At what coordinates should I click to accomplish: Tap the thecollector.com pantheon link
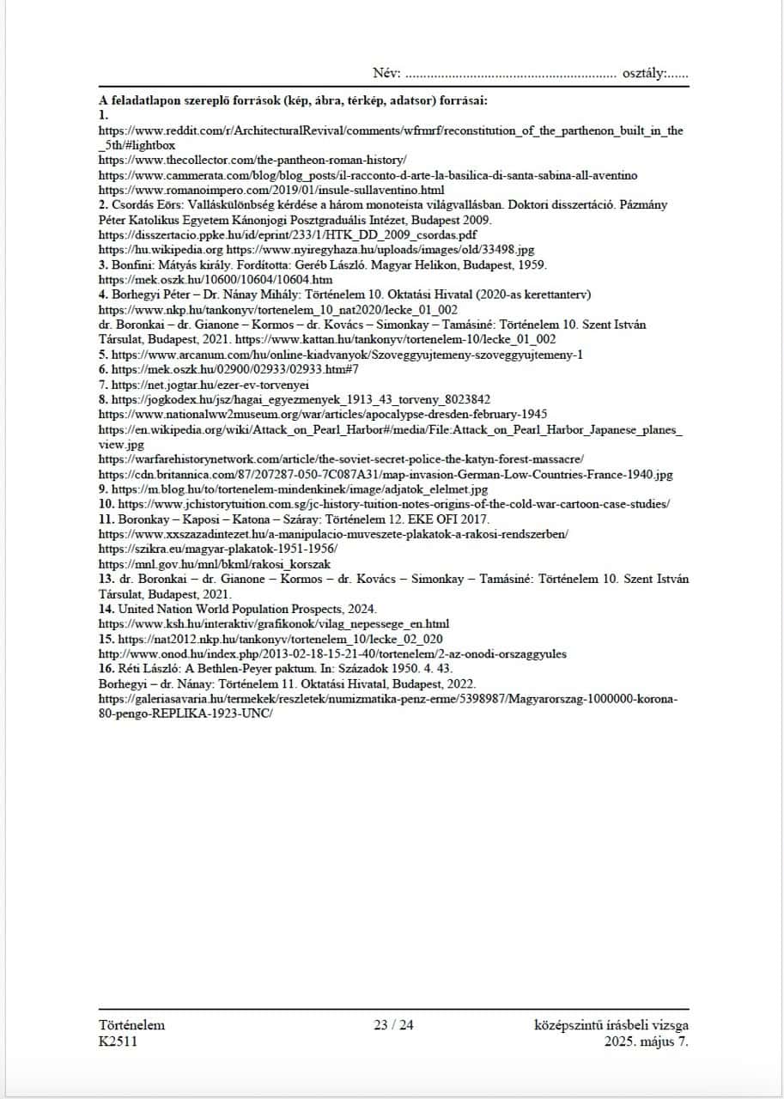[x=252, y=161]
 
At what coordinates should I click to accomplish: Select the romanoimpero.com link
[x=271, y=189]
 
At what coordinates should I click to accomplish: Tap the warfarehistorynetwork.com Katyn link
[x=342, y=459]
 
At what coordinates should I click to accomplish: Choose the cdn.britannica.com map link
[x=386, y=474]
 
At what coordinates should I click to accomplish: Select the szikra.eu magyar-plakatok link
[x=218, y=548]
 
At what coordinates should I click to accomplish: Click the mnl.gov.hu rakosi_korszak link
[x=215, y=563]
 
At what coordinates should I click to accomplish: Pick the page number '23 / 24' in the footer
[x=393, y=1025]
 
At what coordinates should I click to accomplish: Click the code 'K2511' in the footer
[x=118, y=1041]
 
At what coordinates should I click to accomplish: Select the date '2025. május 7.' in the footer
[x=646, y=1041]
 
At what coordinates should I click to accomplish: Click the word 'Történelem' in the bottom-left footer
[x=131, y=1025]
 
